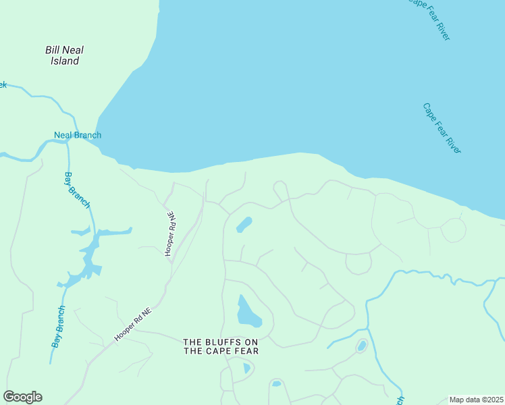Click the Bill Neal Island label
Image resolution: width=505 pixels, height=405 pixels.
[x=64, y=55]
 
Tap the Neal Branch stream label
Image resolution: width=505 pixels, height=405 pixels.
[x=78, y=135]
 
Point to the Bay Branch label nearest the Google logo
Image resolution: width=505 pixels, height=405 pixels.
[x=59, y=327]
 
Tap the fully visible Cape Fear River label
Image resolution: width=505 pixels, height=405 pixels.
[x=442, y=128]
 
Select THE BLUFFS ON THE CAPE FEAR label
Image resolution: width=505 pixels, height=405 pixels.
[x=221, y=346]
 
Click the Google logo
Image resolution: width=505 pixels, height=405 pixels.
[x=22, y=397]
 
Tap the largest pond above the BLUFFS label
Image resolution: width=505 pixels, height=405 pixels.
[x=247, y=312]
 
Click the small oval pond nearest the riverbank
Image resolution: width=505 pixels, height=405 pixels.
[x=244, y=225]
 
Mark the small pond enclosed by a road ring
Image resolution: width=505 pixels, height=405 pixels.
[x=361, y=346]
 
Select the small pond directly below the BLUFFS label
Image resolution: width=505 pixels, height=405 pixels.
[x=246, y=369]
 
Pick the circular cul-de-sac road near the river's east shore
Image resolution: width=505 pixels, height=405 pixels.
[x=453, y=230]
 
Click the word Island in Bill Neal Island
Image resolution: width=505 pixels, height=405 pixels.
[x=64, y=61]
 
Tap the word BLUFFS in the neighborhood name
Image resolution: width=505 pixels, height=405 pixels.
[x=219, y=342]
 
